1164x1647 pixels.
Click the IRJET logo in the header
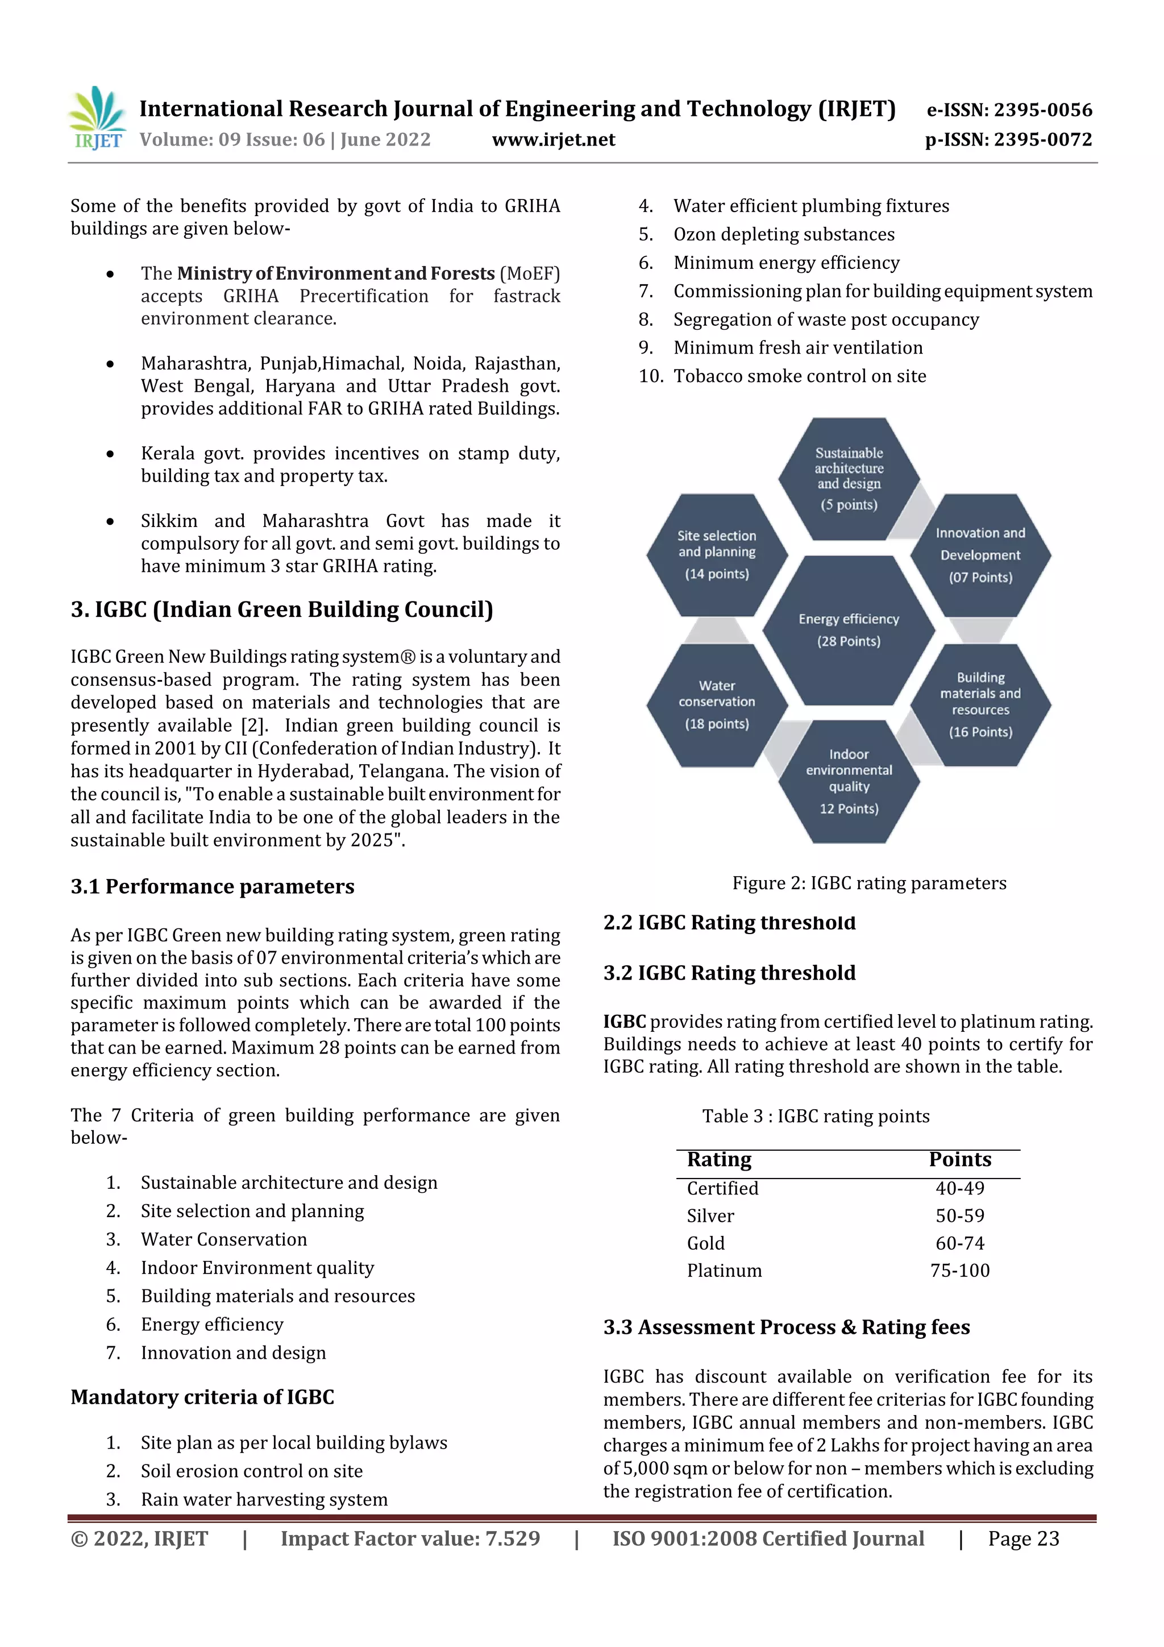[x=97, y=118]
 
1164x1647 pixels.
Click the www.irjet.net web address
[x=553, y=140]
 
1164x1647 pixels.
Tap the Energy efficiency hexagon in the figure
[x=849, y=630]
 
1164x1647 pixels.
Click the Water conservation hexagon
[x=717, y=705]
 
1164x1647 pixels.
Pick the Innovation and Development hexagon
[x=980, y=554]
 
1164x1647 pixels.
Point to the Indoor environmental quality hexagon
[x=849, y=781]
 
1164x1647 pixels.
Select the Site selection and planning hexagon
[x=717, y=554]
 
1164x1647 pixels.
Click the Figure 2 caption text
[x=868, y=883]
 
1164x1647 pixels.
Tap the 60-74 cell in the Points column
[x=959, y=1243]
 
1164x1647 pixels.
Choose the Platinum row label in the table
[x=724, y=1271]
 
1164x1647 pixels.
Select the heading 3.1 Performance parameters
[x=213, y=887]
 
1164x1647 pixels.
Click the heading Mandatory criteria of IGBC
[x=202, y=1397]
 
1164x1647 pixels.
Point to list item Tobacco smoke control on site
[x=799, y=376]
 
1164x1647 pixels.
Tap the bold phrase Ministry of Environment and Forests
[x=336, y=273]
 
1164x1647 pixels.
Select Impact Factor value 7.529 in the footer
[x=410, y=1538]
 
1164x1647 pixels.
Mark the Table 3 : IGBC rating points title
[x=816, y=1116]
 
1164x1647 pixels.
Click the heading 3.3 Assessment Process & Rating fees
[x=786, y=1327]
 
